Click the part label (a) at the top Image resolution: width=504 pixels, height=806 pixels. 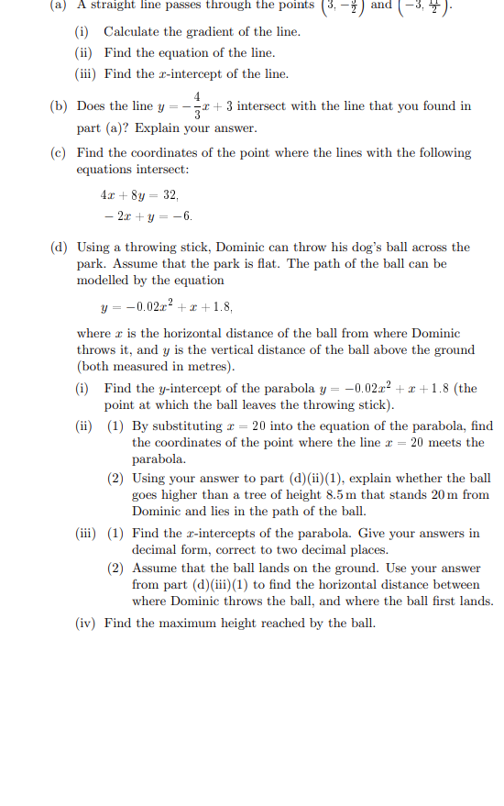pos(59,5)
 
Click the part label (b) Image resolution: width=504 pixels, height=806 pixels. pos(59,106)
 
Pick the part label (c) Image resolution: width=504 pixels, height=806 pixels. pos(59,153)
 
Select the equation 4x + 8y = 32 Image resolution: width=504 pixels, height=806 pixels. pos(139,195)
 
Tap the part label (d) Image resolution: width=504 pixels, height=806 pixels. pos(59,248)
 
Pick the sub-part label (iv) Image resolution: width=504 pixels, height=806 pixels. pos(86,624)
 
